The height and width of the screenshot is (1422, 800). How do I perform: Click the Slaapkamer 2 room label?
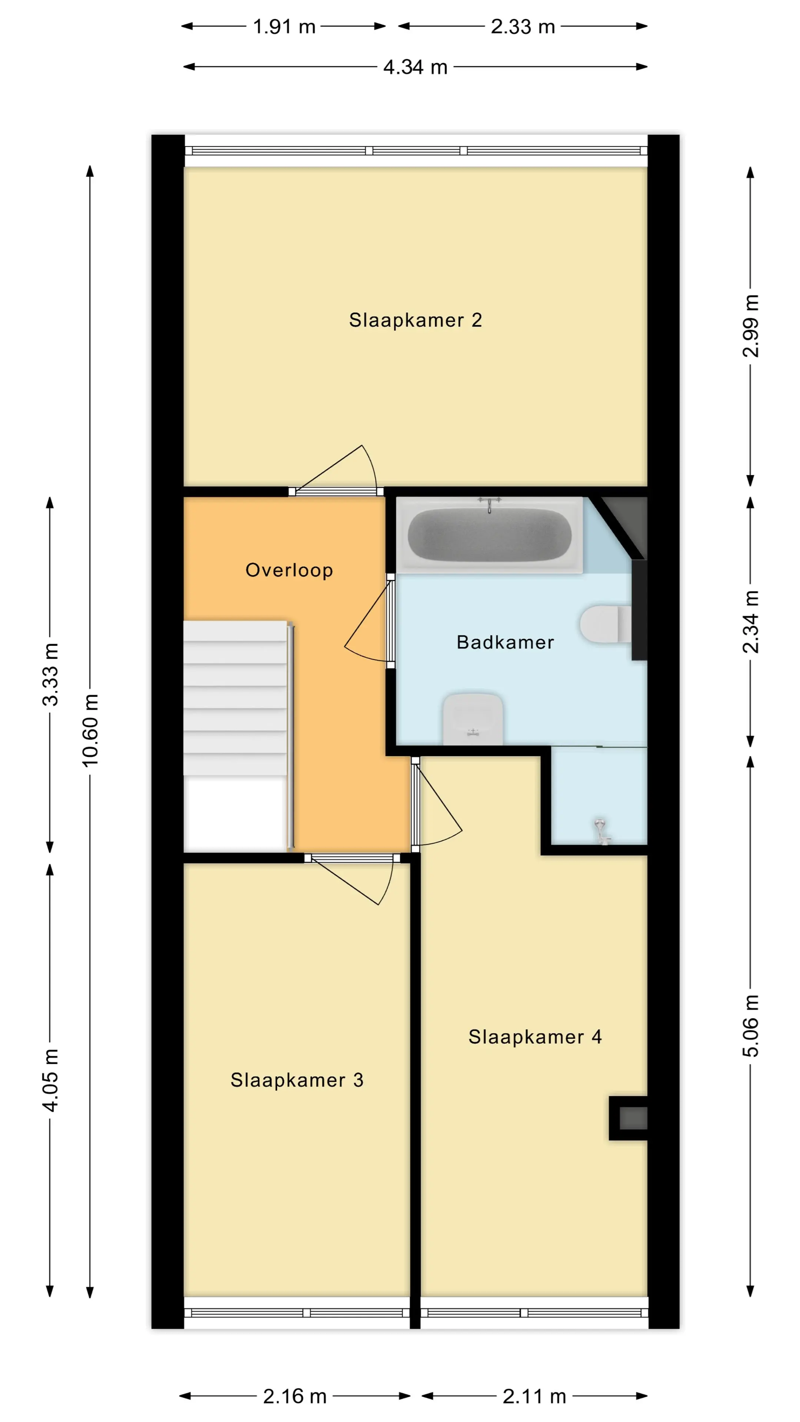pyautogui.click(x=415, y=320)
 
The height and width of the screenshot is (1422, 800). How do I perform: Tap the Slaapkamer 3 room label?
pyautogui.click(x=297, y=1080)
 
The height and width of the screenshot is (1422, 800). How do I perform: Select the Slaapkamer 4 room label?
pyautogui.click(x=535, y=1037)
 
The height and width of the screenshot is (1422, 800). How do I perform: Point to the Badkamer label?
pyautogui.click(x=505, y=642)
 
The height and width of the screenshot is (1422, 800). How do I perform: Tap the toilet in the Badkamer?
pyautogui.click(x=606, y=624)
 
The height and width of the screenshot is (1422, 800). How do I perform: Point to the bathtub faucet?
pyautogui.click(x=489, y=504)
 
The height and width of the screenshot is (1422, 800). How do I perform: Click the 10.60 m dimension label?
pyautogui.click(x=90, y=730)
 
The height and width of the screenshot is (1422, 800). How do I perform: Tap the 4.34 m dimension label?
pyautogui.click(x=415, y=67)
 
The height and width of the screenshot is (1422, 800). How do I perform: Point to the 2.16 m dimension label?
pyautogui.click(x=295, y=1396)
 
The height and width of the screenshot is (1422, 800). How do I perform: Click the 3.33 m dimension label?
pyautogui.click(x=50, y=675)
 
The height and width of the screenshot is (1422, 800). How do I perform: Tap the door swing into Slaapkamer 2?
pyautogui.click(x=336, y=469)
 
